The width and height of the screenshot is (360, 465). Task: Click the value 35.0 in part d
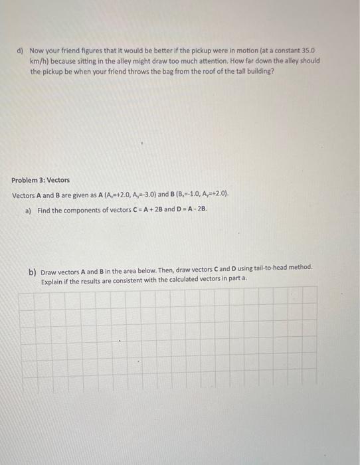click(x=310, y=50)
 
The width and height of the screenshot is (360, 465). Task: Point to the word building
click(x=258, y=70)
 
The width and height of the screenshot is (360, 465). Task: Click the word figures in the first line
click(x=90, y=50)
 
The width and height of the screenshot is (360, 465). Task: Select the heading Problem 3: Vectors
click(x=41, y=180)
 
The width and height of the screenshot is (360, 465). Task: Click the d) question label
click(x=21, y=50)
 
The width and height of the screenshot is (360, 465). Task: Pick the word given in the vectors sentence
click(x=76, y=195)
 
